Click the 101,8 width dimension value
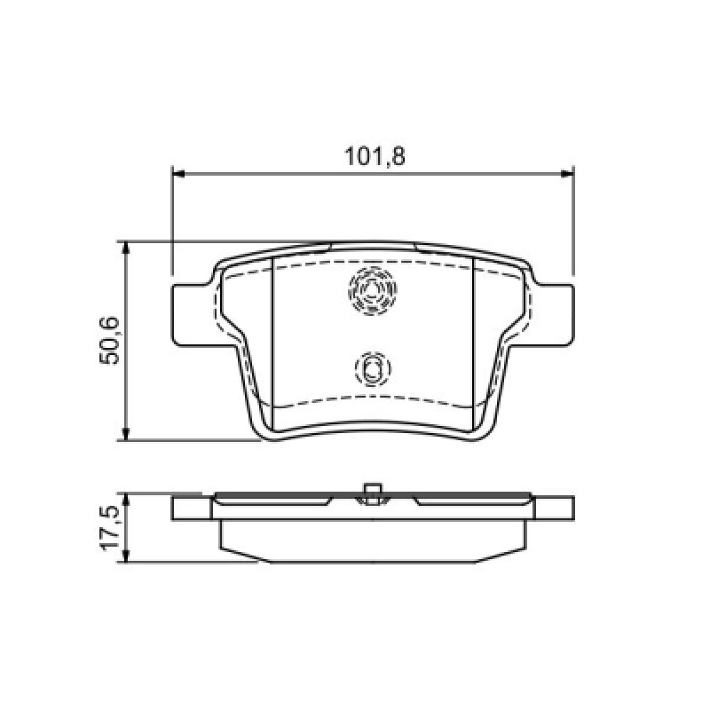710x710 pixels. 375,156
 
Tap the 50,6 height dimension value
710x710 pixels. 109,341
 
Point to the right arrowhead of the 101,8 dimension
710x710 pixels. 567,173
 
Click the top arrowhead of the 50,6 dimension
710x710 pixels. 127,248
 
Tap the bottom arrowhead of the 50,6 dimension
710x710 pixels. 127,433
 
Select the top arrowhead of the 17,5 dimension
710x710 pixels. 127,501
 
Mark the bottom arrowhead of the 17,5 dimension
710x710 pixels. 127,556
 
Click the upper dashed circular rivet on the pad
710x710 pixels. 372,272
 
